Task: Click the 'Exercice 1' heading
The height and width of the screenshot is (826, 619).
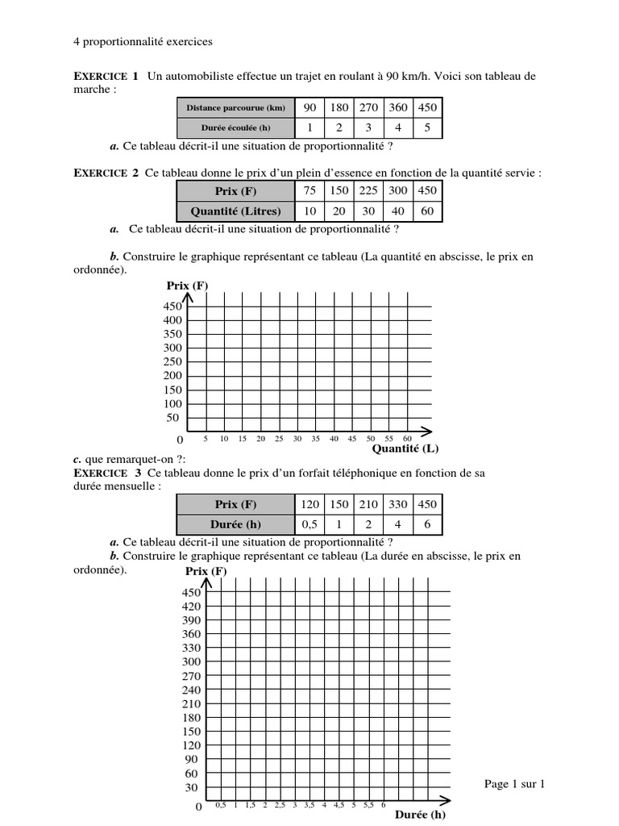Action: coord(106,77)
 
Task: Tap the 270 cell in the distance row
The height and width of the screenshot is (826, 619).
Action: coord(368,108)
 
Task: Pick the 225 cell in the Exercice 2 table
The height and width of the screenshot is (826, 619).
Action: coord(368,191)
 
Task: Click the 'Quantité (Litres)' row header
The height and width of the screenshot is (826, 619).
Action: coord(236,211)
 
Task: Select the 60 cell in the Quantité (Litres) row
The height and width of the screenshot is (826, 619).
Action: coord(427,211)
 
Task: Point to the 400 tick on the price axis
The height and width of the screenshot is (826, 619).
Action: coord(173,320)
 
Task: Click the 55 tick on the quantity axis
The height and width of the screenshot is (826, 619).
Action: coord(388,439)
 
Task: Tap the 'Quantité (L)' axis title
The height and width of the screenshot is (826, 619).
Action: coord(405,449)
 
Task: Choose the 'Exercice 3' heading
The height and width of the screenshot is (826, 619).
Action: coord(107,472)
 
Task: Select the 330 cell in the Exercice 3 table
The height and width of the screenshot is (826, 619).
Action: coord(398,504)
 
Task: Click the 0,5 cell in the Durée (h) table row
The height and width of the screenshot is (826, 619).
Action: coord(309,524)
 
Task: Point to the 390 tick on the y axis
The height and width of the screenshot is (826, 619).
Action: coord(191,620)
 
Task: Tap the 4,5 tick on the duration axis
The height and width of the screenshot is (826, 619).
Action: coord(339,804)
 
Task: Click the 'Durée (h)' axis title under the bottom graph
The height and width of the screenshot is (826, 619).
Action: coord(420,815)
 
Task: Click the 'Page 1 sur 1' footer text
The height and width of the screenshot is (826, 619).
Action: coord(515,783)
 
